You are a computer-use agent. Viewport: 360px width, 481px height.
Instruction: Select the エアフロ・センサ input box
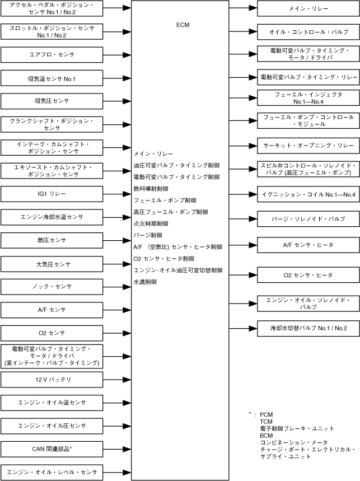(x=52, y=54)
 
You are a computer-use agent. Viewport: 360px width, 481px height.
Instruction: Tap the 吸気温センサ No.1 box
(x=52, y=78)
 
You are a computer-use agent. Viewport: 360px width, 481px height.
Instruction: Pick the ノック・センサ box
(x=52, y=286)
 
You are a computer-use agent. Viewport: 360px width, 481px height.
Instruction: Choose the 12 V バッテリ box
(x=52, y=379)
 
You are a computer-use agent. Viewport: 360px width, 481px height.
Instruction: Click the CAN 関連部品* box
(x=52, y=449)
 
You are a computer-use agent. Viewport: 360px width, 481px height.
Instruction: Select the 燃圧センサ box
(x=52, y=240)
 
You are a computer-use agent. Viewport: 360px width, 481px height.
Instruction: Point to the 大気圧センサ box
(x=52, y=263)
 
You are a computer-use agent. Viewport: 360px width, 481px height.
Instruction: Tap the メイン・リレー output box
(x=308, y=9)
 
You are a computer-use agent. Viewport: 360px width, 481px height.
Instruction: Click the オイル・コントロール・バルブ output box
(x=308, y=32)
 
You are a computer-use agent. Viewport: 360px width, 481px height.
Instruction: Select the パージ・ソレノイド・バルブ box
(x=308, y=218)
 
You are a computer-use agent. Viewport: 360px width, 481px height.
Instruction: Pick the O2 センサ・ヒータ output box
(x=308, y=275)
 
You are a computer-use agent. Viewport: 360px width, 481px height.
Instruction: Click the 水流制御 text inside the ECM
(x=145, y=282)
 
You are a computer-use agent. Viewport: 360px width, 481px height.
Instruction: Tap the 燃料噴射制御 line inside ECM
(x=151, y=188)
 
